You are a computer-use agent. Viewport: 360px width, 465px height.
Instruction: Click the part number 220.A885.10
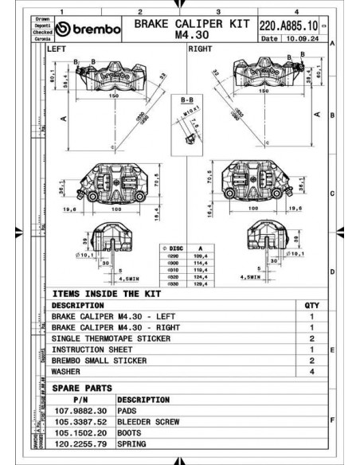pos(288,25)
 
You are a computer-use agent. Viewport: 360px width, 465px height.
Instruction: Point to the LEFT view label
pos(58,49)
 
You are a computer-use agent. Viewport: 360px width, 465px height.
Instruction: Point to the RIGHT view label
pos(199,49)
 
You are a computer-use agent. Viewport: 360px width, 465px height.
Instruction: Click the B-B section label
pos(187,100)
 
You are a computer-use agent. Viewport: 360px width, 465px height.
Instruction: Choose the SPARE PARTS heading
pos(82,387)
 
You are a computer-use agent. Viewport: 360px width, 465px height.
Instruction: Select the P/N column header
pos(80,399)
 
